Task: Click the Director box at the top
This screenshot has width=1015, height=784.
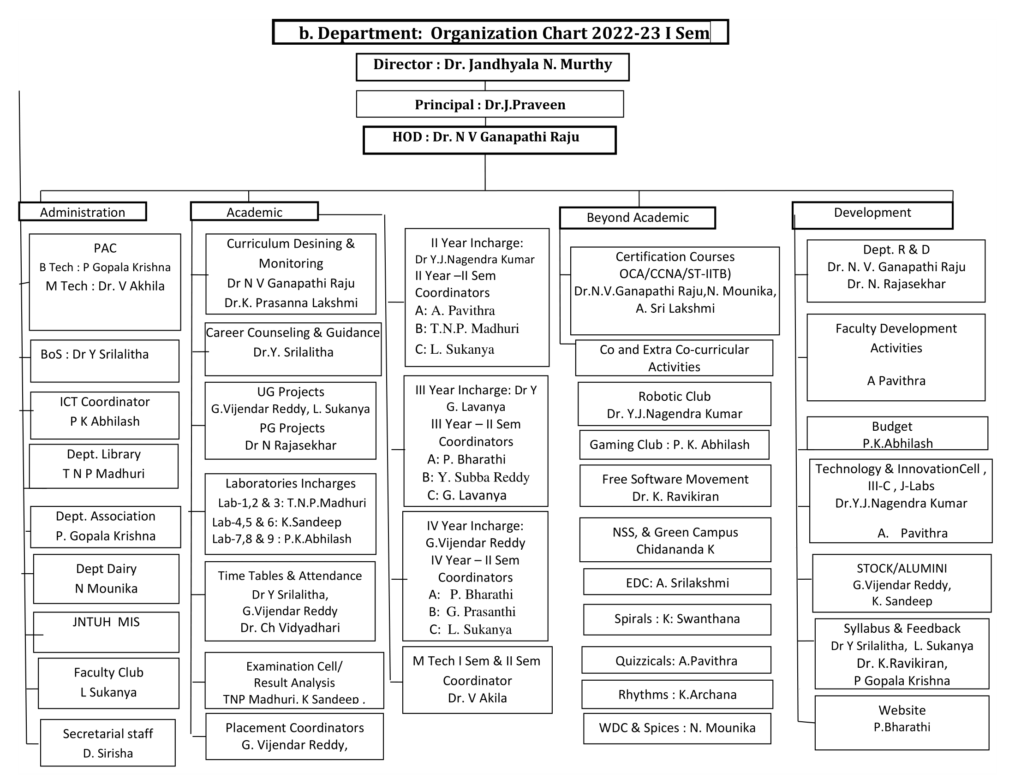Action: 492,67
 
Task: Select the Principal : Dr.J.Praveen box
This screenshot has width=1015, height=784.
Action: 490,104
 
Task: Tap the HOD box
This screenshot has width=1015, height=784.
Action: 490,139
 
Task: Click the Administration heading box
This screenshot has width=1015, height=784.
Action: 83,212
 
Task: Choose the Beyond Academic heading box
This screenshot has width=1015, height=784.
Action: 637,218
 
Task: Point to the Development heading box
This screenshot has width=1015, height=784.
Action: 872,215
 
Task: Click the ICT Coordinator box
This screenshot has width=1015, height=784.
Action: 105,415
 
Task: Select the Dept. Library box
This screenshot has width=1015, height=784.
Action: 104,466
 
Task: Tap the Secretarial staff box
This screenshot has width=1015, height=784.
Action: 108,742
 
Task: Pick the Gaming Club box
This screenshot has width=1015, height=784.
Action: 674,445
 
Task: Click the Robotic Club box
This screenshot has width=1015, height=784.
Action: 674,404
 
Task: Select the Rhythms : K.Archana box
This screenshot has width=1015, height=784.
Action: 677,695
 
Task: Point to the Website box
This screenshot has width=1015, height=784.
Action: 902,722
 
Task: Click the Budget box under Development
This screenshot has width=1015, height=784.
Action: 897,434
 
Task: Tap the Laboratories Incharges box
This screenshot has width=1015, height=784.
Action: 291,514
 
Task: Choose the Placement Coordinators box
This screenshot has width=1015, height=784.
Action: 295,736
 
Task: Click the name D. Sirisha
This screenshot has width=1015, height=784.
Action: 108,753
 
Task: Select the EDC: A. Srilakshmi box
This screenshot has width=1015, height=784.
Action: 677,582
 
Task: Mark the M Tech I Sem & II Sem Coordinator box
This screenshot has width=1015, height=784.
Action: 478,679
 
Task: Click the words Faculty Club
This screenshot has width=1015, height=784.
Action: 109,672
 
